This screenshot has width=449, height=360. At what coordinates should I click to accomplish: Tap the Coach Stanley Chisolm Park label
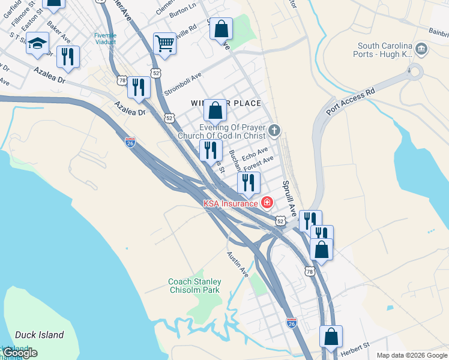(x=194, y=286)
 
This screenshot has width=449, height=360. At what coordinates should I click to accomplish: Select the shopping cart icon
(x=164, y=44)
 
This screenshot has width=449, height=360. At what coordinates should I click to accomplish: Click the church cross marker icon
(x=274, y=130)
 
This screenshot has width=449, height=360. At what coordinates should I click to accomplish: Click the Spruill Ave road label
(x=290, y=198)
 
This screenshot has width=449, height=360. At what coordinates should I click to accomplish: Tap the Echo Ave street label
(x=254, y=154)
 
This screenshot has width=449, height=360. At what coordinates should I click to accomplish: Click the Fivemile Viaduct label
(x=105, y=38)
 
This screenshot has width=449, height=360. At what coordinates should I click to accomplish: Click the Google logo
(x=20, y=353)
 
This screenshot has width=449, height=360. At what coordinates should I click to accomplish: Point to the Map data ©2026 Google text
(x=412, y=355)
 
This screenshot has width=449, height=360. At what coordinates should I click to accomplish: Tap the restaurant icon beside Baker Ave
(x=68, y=58)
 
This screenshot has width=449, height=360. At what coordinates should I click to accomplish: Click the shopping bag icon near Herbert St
(x=331, y=338)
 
